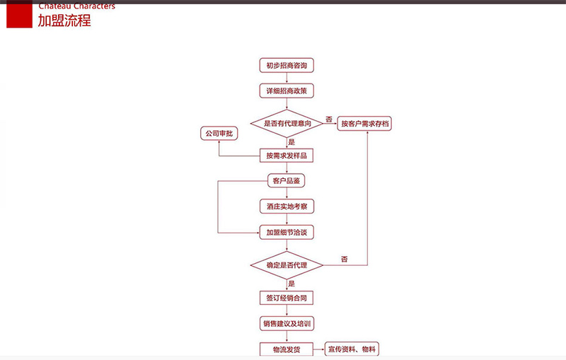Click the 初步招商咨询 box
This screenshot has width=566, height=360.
pyautogui.click(x=286, y=66)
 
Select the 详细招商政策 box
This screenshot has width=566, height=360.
pyautogui.click(x=286, y=91)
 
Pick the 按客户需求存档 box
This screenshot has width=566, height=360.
pyautogui.click(x=365, y=124)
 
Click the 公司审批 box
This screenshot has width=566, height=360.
pyautogui.click(x=219, y=133)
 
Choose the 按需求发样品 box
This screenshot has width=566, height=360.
pyautogui.click(x=286, y=155)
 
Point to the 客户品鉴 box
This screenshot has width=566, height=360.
pyautogui.click(x=286, y=181)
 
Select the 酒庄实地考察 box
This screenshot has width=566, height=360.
pyautogui.click(x=286, y=207)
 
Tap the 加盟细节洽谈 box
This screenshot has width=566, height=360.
pyautogui.click(x=286, y=231)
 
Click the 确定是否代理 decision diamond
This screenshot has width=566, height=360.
pyautogui.click(x=287, y=265)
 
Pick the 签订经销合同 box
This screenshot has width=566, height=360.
pyautogui.click(x=286, y=298)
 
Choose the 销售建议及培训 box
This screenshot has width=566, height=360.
pyautogui.click(x=286, y=323)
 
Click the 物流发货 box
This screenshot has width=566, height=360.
pyautogui.click(x=286, y=349)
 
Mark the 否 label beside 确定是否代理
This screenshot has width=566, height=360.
pyautogui.click(x=345, y=260)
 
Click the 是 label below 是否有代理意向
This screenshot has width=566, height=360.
pyautogui.click(x=291, y=141)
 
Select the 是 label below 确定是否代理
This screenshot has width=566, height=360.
pyautogui.click(x=291, y=283)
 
